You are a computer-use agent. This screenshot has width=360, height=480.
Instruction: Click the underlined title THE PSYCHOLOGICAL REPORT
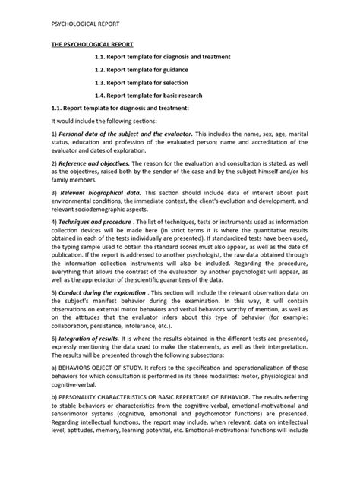pos(88,46)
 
